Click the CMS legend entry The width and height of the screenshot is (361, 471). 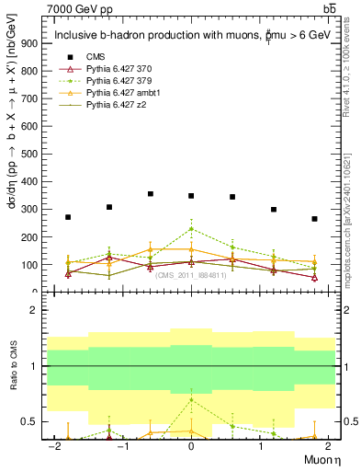[95, 57]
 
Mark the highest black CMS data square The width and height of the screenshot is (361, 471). [151, 194]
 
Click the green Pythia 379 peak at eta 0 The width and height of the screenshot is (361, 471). [191, 228]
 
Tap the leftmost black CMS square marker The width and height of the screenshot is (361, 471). [68, 217]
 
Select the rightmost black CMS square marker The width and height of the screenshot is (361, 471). [314, 219]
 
